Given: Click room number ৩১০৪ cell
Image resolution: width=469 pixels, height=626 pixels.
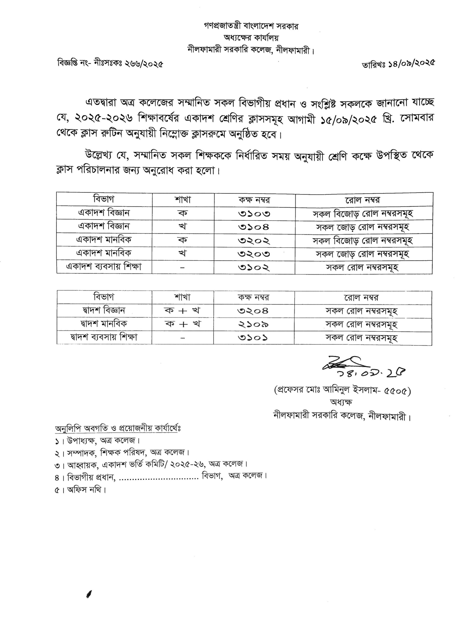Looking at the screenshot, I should (254, 226).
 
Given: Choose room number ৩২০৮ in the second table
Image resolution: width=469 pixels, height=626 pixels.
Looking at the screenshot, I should (253, 311).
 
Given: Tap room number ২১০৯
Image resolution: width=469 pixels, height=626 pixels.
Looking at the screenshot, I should (253, 324).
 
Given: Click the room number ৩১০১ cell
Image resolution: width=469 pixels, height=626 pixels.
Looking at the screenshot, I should (253, 337).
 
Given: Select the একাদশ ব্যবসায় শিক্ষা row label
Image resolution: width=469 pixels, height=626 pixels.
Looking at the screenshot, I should (104, 267).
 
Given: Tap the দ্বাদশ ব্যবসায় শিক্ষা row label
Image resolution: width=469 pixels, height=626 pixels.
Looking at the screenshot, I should (104, 337).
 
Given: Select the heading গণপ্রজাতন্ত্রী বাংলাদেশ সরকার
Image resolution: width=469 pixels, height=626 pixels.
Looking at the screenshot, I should (251, 26).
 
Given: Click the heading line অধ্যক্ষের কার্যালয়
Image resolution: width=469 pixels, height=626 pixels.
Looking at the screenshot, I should (251, 38).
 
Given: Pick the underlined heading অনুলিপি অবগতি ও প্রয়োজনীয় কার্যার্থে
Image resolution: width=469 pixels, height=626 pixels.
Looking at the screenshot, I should (118, 428).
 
